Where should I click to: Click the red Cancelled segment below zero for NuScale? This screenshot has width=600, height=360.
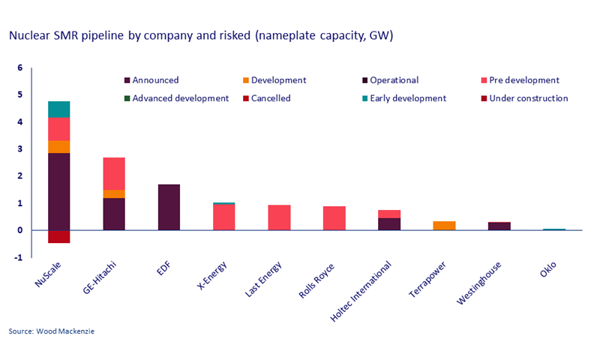pyautogui.click(x=58, y=236)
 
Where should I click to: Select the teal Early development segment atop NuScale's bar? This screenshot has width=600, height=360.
pyautogui.click(x=58, y=109)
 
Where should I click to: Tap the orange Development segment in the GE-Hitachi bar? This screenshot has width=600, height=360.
pyautogui.click(x=114, y=193)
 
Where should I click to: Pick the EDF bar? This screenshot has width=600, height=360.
pyautogui.click(x=169, y=207)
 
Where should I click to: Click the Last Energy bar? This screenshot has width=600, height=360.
pyautogui.click(x=279, y=217)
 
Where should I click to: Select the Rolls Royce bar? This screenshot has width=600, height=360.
pyautogui.click(x=334, y=218)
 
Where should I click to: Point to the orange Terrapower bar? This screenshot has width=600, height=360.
pyautogui.click(x=445, y=226)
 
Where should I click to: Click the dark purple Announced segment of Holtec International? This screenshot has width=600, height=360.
pyautogui.click(x=389, y=223)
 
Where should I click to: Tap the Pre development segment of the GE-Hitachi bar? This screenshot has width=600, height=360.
pyautogui.click(x=114, y=173)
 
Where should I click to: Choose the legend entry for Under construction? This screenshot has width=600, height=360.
pyautogui.click(x=528, y=98)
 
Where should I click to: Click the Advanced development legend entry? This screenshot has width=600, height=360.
pyautogui.click(x=180, y=98)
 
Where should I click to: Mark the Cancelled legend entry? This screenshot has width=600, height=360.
pyautogui.click(x=271, y=98)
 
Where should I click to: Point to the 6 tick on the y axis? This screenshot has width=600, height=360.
pyautogui.click(x=20, y=68)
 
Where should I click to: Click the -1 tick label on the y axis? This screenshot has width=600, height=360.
pyautogui.click(x=19, y=257)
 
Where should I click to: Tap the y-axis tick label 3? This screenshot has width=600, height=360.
pyautogui.click(x=20, y=149)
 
